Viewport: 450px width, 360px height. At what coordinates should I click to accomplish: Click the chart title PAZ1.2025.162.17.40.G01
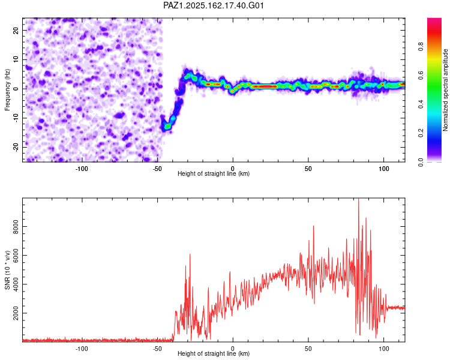point(213,5)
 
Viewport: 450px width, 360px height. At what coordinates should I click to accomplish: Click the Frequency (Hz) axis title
point(7,90)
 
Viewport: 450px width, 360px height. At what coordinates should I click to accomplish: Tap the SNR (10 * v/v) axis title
point(7,270)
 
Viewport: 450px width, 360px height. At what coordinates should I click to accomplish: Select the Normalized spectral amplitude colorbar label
point(445,90)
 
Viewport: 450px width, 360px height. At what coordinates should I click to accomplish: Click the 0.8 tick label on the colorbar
point(421,46)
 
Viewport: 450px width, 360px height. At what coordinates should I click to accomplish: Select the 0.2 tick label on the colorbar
point(421,133)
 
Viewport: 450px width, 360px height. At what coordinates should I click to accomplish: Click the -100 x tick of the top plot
point(82,169)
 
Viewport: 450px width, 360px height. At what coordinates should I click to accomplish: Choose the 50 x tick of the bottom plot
point(308,349)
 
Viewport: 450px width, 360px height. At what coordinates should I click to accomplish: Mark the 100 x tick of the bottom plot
point(384,349)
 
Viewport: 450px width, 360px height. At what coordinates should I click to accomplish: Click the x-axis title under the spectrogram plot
point(214,173)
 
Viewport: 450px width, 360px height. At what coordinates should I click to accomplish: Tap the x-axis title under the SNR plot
point(214,353)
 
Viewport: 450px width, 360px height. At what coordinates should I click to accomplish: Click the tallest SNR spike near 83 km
point(358,199)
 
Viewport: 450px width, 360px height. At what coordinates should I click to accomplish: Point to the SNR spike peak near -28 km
point(190,254)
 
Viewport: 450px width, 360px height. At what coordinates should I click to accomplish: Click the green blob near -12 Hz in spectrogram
point(167,126)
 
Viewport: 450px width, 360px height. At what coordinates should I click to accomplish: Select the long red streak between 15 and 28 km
point(264,86)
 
